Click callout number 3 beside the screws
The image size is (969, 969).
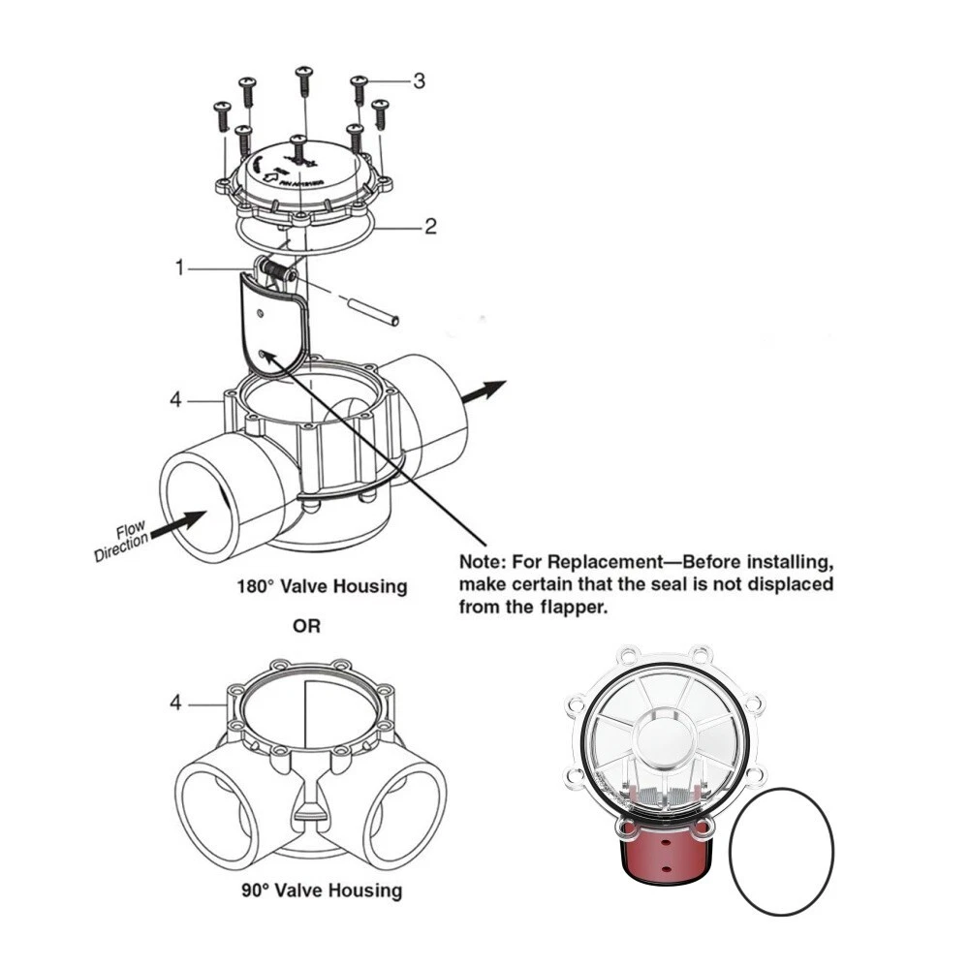(x=419, y=81)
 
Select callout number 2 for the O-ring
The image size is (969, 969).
(x=430, y=227)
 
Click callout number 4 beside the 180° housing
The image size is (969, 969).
(x=175, y=398)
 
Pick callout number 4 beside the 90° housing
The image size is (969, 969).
(x=175, y=703)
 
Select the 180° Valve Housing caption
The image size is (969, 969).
(x=323, y=586)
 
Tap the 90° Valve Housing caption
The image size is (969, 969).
(x=323, y=890)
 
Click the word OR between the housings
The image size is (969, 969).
(x=307, y=627)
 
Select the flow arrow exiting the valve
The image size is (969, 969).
(x=484, y=390)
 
